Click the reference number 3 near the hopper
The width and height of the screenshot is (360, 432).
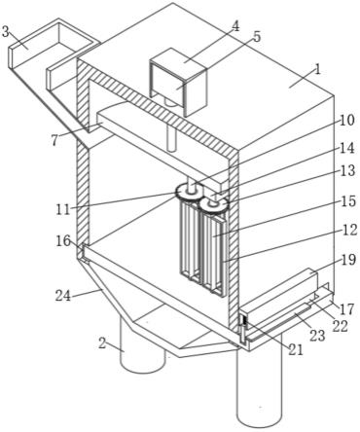(6, 32)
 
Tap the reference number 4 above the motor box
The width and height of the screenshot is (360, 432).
(235, 26)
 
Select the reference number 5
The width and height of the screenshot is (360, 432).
(257, 37)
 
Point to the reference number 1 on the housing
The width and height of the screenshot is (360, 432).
(318, 69)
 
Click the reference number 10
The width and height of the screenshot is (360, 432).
(347, 121)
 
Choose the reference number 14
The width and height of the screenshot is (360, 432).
(347, 149)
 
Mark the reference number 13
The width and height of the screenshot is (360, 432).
(347, 170)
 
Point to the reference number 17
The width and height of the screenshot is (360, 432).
(347, 309)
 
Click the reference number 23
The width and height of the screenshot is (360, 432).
(317, 336)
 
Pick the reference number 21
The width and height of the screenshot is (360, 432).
(296, 349)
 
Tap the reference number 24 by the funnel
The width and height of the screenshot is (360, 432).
(63, 296)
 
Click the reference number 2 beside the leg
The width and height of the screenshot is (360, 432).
(102, 343)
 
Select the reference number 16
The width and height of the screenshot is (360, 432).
(62, 241)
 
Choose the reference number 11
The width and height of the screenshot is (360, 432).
(62, 210)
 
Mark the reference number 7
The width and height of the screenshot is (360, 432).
(54, 140)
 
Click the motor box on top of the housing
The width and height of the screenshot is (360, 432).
(178, 82)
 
